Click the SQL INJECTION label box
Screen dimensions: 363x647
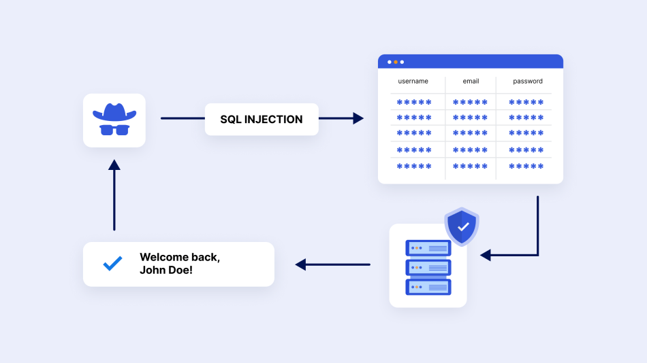[x=262, y=120]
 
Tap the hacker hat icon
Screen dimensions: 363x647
[x=114, y=112]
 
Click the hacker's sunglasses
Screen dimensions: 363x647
[x=114, y=129]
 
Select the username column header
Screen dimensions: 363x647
[x=413, y=82]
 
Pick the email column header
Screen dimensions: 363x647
[x=471, y=82]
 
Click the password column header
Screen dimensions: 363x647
[x=528, y=82]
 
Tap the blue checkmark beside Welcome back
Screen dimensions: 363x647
[x=112, y=264]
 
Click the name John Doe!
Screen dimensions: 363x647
[x=166, y=270]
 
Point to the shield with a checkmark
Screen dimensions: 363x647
[x=462, y=226]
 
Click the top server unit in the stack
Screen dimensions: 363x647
[x=428, y=248]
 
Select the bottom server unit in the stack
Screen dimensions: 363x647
[x=428, y=287]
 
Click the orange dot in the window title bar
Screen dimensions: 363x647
[x=396, y=62]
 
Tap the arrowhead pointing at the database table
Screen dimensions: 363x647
[x=358, y=118]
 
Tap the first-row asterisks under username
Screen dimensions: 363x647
[x=415, y=103]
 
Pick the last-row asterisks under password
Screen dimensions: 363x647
[x=526, y=166]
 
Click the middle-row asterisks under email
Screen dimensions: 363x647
[x=471, y=134]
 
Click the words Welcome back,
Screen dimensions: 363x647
[x=180, y=258]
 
